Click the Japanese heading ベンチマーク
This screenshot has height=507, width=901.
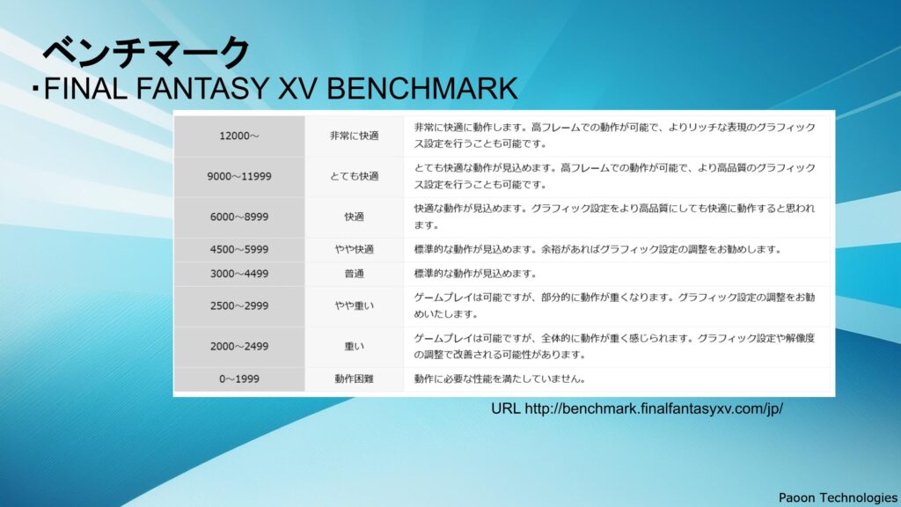coord(146,52)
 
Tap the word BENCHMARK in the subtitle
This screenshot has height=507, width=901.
coord(422,89)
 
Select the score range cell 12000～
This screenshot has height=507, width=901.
coord(239,136)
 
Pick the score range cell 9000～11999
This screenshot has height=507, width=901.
coord(239,176)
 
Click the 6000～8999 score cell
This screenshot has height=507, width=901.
coord(239,217)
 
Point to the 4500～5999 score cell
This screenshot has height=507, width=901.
coord(239,249)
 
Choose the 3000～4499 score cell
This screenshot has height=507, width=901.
coord(239,274)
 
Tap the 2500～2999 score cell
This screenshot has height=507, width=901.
coord(239,305)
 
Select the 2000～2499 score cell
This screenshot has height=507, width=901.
coord(239,346)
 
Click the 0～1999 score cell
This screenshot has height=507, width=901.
coord(239,378)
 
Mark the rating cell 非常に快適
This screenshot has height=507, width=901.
coord(354,136)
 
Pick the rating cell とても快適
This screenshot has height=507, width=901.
coord(354,176)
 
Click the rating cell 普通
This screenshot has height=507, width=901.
coord(354,274)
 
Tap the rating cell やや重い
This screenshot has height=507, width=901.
coord(354,305)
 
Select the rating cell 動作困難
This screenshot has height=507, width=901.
coord(354,378)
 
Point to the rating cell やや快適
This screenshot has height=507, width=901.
coord(354,249)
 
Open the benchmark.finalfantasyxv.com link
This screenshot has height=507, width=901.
coord(654,408)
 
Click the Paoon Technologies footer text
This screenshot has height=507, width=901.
coord(838,498)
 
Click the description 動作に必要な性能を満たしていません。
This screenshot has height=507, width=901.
coord(500,378)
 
